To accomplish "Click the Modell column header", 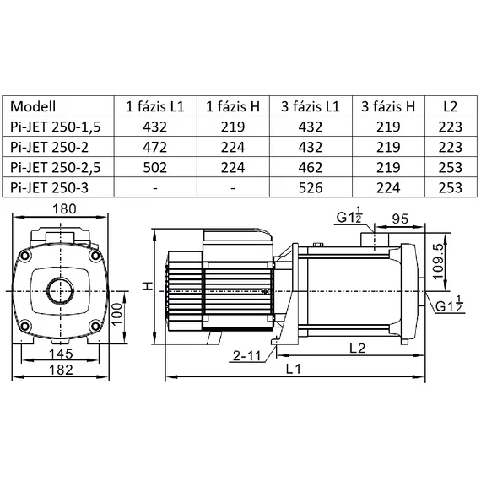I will coord(35,107).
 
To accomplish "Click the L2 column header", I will coord(450,107).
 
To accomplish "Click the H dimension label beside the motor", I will coord(147,287).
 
